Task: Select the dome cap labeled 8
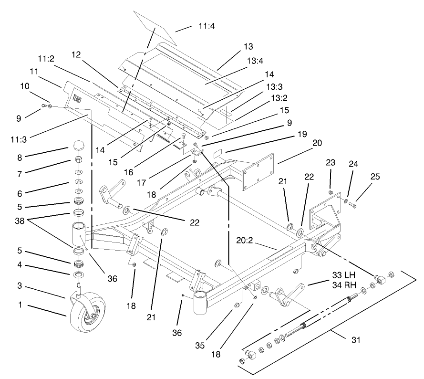pyautogui.click(x=78, y=145)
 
